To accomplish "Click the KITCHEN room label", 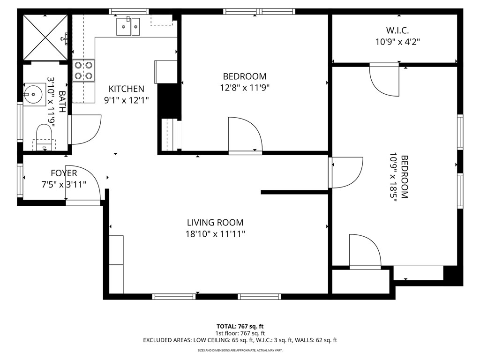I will (126, 89).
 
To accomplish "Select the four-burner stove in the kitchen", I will (84, 70).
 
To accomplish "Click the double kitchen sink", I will (128, 26).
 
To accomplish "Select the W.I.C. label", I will (397, 30).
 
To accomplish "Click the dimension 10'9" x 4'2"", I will (397, 41).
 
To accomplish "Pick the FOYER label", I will (64, 173).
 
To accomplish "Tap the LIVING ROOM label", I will (215, 223).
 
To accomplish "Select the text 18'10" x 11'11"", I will (215, 233).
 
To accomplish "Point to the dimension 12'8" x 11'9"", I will (244, 87).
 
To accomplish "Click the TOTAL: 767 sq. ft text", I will (240, 326).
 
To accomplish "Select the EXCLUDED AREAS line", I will (240, 340).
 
